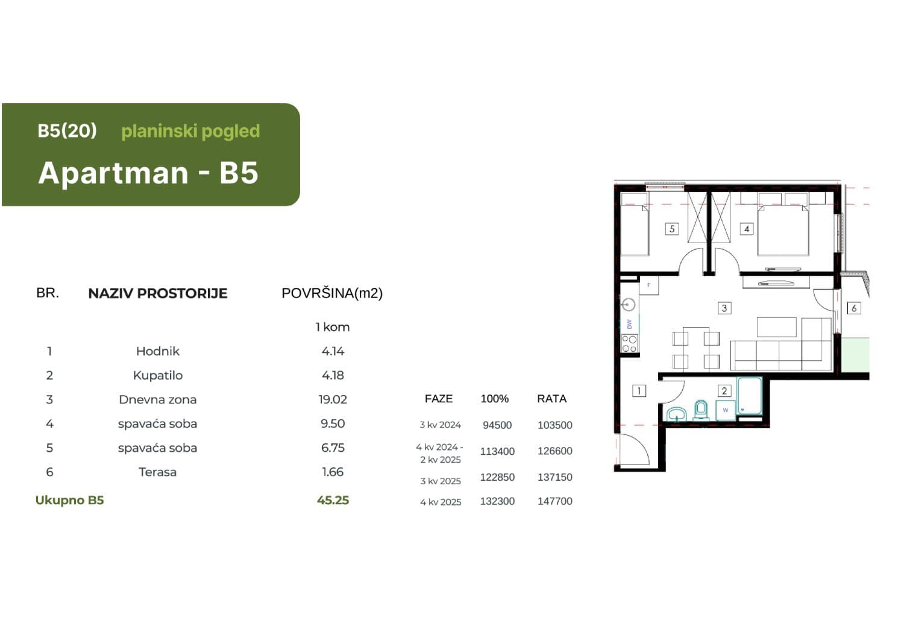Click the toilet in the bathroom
[700, 410]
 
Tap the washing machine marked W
[725, 410]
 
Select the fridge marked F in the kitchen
[648, 285]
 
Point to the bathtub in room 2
[750, 396]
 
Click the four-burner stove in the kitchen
[629, 344]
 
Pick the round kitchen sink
[629, 305]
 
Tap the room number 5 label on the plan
[671, 229]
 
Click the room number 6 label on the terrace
[853, 308]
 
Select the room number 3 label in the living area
[724, 308]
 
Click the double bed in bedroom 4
[783, 230]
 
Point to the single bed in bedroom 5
[635, 229]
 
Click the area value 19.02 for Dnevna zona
[333, 399]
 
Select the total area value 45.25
[333, 500]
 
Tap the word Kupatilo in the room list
[157, 375]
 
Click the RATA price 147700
[554, 501]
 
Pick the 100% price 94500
[497, 425]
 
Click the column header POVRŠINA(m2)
[332, 293]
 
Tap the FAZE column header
[438, 399]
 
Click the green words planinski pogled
[190, 131]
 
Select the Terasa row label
[157, 472]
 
